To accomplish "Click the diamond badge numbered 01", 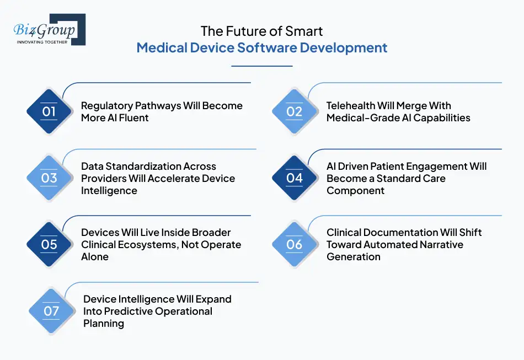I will (x=49, y=112).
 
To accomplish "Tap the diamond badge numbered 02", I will (x=295, y=112).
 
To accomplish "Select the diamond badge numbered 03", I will (x=49, y=178).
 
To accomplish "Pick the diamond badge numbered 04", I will (x=295, y=178).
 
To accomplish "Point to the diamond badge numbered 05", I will (x=49, y=245).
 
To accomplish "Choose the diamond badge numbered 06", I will (x=295, y=245).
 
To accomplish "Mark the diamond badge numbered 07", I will (x=51, y=311).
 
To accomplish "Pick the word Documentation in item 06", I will (x=398, y=233).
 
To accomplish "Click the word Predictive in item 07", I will (x=127, y=311).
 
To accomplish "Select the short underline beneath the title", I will (x=261, y=66).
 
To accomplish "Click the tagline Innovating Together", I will (x=42, y=42).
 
